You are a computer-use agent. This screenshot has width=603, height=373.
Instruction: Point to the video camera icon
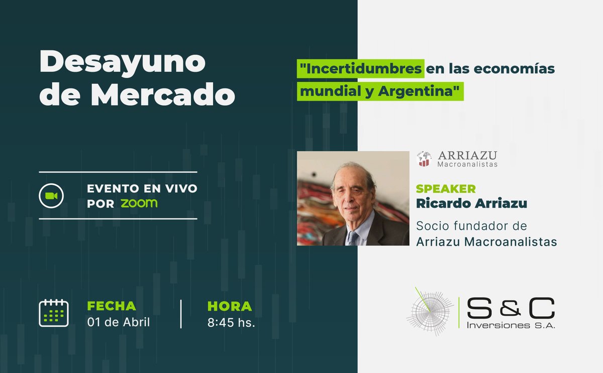51,195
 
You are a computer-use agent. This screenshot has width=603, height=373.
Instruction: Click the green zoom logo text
139,203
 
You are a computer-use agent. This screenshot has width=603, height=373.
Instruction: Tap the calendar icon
54,313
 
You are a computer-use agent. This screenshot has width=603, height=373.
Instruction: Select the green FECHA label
112,306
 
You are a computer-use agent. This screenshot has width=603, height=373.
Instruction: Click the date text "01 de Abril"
119,322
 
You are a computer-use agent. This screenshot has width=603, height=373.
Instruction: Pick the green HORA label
229,306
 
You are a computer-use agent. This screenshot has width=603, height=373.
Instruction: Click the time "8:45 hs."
231,323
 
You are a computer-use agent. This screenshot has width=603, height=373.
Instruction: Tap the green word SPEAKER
446,189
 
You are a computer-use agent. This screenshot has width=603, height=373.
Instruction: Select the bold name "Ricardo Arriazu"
471,203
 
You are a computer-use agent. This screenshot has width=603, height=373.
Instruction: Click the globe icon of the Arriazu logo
424,159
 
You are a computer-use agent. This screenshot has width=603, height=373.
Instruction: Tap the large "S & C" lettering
511,308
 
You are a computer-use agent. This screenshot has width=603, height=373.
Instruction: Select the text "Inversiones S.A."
511,326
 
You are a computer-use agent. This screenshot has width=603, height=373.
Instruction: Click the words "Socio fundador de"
471,226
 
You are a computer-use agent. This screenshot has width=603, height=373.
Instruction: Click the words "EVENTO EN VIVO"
142,189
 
